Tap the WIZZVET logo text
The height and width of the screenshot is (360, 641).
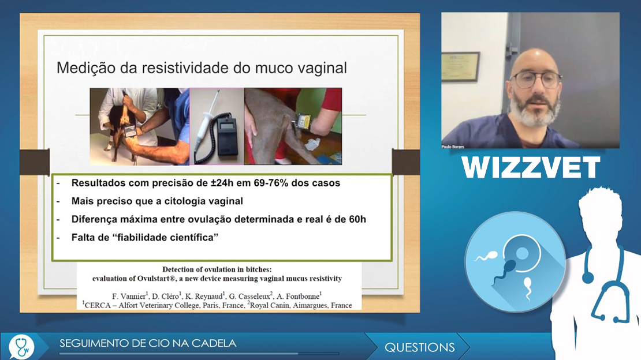(x=531, y=167)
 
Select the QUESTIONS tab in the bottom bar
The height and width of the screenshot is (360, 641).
(x=419, y=347)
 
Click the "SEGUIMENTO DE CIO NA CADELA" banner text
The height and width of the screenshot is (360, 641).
(x=148, y=343)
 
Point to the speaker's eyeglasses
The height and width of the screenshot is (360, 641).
(x=535, y=79)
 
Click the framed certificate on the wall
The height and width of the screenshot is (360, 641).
(x=460, y=66)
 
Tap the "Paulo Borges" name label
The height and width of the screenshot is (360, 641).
(x=453, y=147)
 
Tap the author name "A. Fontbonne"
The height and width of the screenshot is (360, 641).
(x=299, y=297)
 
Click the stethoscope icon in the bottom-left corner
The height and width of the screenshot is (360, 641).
(x=21, y=347)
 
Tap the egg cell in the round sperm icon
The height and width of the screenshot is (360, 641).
(x=522, y=253)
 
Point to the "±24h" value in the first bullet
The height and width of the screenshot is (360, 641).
(x=222, y=183)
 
